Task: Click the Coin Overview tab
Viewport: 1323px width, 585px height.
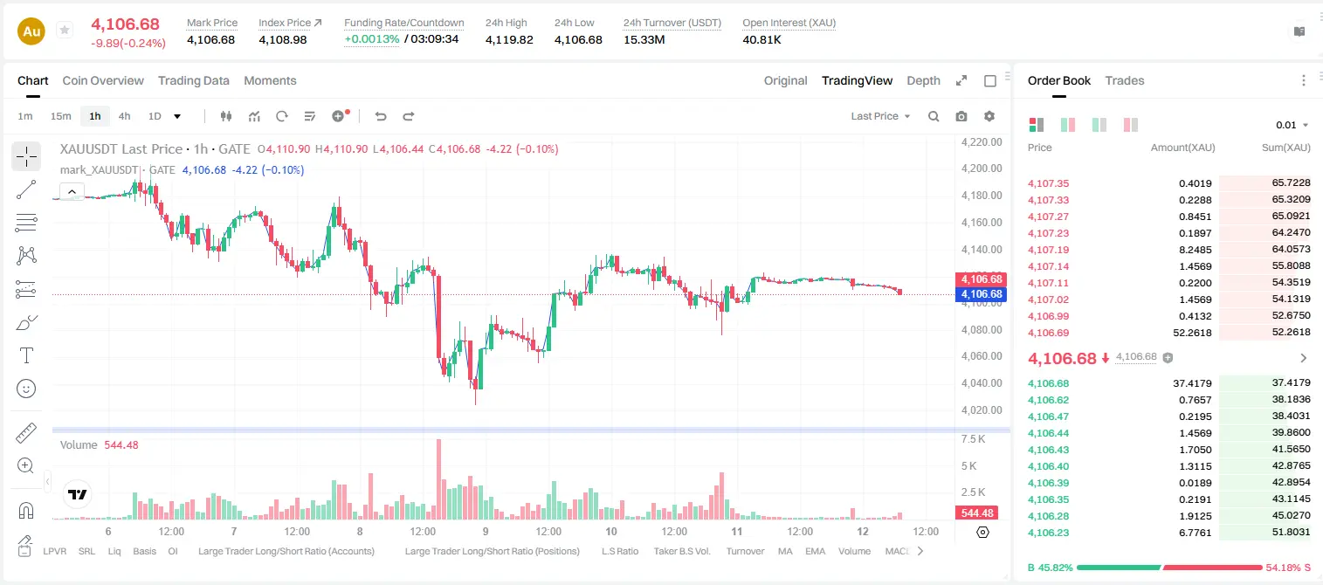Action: [x=103, y=80]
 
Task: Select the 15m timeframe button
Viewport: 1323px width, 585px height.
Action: [x=60, y=116]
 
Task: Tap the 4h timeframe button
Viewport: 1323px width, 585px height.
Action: [x=124, y=116]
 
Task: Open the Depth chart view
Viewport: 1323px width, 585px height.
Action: [x=923, y=80]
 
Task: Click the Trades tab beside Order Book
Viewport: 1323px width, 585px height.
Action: [x=1125, y=80]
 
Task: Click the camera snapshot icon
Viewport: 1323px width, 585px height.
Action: [x=961, y=116]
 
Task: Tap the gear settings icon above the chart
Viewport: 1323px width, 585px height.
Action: [x=989, y=116]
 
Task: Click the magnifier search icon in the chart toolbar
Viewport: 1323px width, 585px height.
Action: [x=934, y=116]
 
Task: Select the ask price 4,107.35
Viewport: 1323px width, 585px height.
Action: [x=1049, y=183]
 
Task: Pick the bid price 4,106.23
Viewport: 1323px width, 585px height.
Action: [x=1049, y=533]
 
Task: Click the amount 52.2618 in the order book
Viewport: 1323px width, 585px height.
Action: [x=1192, y=333]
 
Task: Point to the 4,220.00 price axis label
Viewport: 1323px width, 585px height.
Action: [x=982, y=141]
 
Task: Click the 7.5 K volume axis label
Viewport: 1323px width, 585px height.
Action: [x=973, y=439]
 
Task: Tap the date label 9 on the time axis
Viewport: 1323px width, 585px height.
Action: [x=486, y=531]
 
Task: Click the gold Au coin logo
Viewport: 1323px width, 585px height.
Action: [x=31, y=31]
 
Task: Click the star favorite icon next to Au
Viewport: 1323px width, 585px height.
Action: [x=65, y=30]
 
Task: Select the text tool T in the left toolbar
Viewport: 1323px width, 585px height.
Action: [x=26, y=355]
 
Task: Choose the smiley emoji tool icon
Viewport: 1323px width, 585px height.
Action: [x=26, y=389]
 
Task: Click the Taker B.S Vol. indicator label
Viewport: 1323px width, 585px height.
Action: [x=681, y=551]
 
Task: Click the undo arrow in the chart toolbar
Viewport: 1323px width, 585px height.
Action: [x=381, y=116]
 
